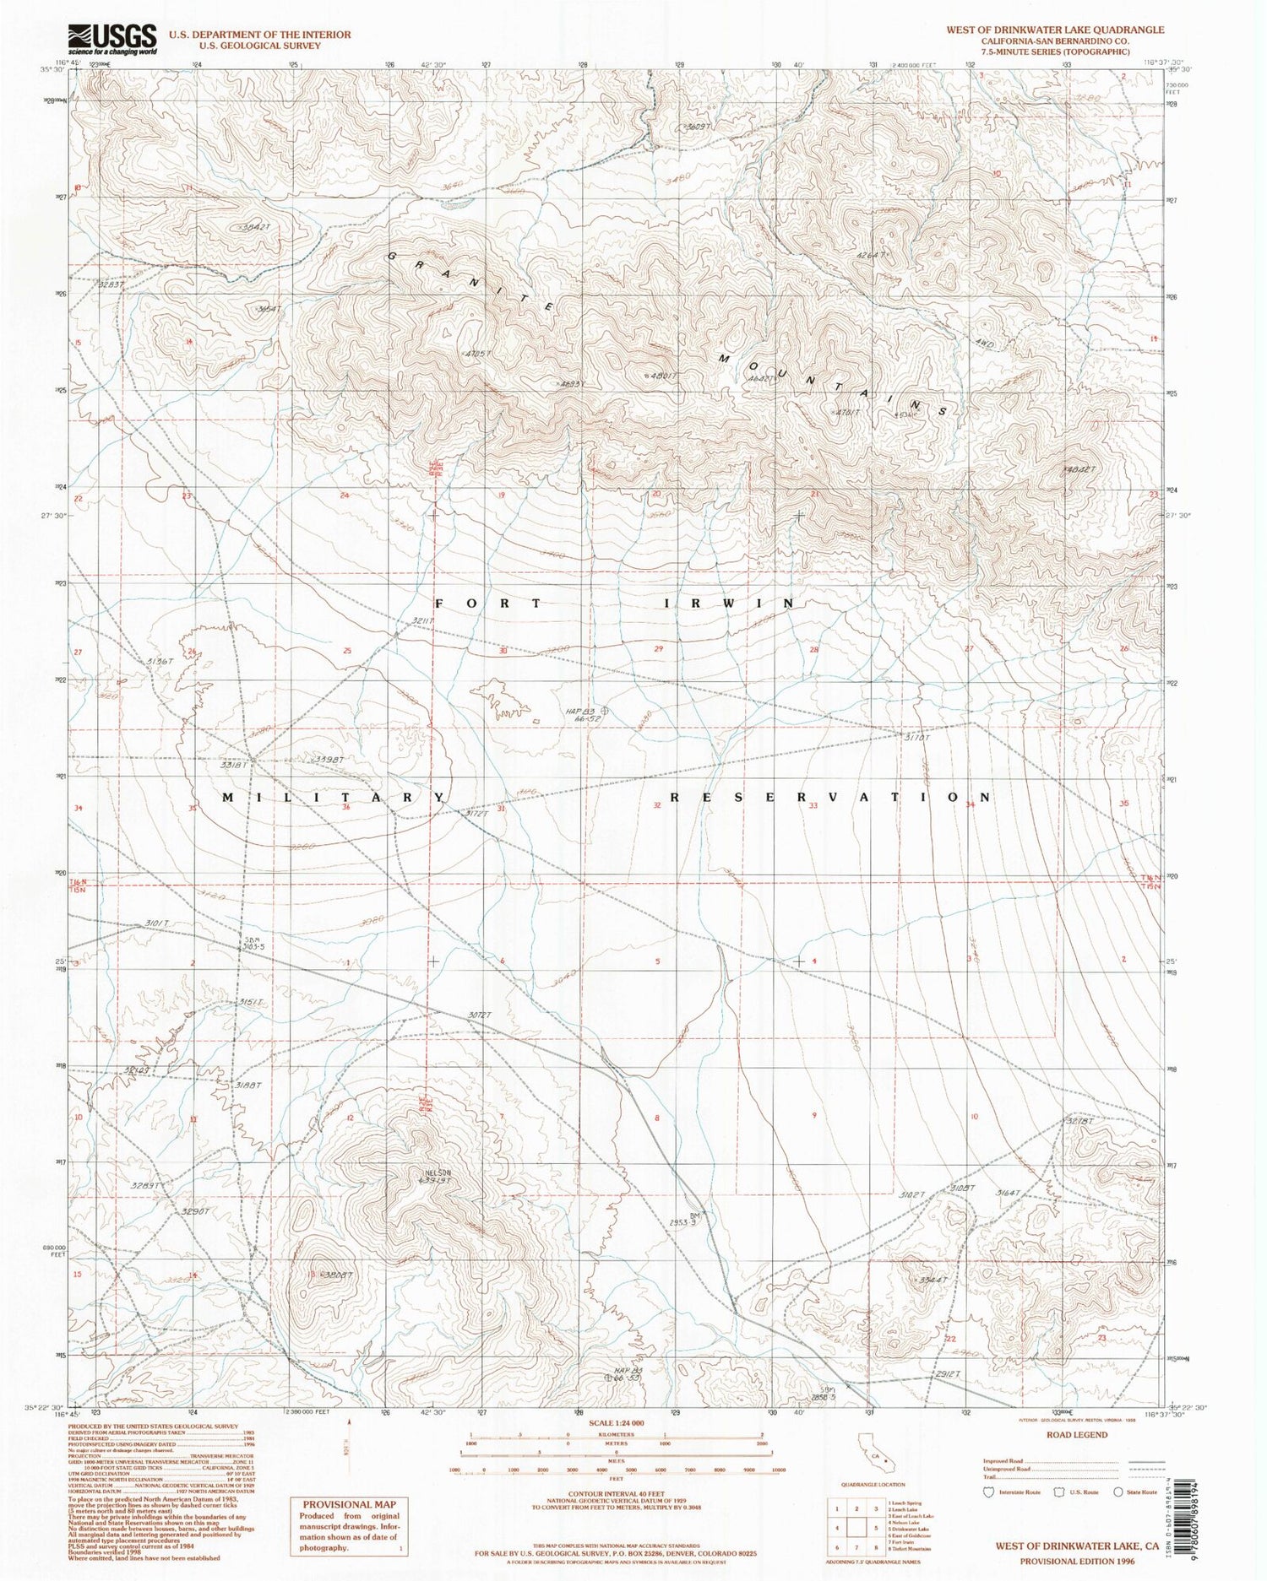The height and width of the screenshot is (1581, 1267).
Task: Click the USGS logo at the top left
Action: click(111, 39)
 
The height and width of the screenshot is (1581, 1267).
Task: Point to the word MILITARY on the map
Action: click(333, 798)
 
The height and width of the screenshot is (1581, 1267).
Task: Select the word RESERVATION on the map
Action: click(829, 798)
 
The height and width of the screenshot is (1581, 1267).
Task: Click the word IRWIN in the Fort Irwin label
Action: click(728, 604)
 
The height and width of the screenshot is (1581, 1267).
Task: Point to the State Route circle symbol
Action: click(1118, 1492)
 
